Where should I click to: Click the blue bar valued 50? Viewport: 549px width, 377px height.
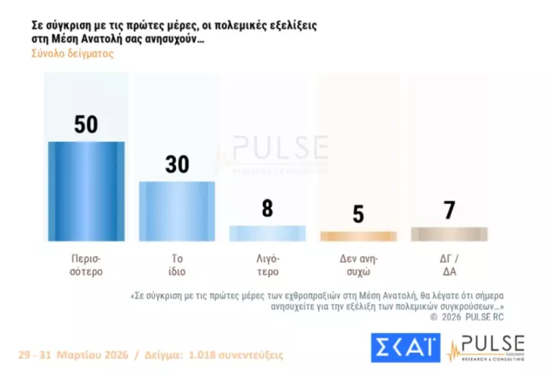(x=86, y=191)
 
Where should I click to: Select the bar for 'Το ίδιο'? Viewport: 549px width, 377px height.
(x=177, y=211)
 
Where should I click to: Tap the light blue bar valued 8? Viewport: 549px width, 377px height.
(x=267, y=233)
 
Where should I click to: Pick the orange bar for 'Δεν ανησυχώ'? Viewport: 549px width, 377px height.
(x=358, y=236)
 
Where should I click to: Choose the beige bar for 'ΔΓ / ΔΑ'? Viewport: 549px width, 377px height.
(x=448, y=234)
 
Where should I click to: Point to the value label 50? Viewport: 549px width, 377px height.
(x=86, y=124)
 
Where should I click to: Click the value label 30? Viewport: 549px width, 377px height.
(x=177, y=164)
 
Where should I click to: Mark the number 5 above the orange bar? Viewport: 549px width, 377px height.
(x=358, y=215)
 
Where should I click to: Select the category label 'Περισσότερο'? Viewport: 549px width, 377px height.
(x=85, y=264)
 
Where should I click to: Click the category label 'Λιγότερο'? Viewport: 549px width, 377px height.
(x=267, y=264)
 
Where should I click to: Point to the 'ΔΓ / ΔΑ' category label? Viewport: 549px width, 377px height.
(x=448, y=264)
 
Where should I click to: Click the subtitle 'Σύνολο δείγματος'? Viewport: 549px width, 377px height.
(x=72, y=54)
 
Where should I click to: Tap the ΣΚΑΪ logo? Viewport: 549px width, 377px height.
(x=405, y=348)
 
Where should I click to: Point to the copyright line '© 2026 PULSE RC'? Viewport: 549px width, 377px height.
(x=467, y=316)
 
